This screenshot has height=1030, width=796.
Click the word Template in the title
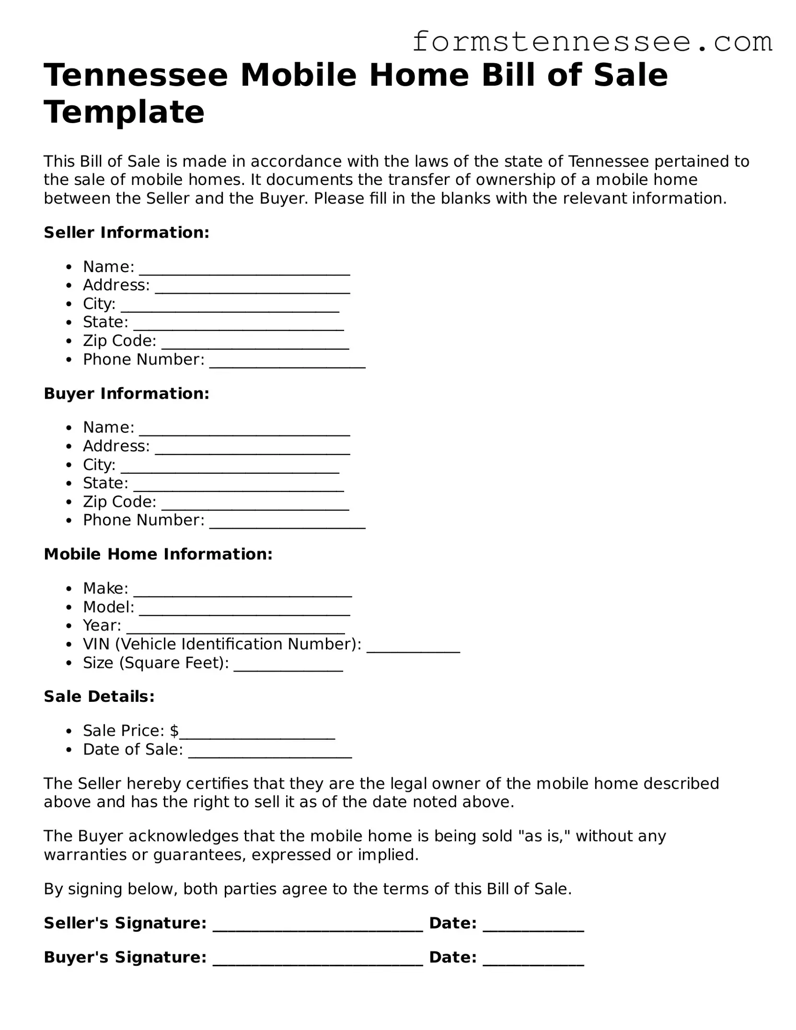click(124, 112)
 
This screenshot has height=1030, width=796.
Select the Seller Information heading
click(127, 233)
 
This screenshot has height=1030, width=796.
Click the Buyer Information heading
click(127, 394)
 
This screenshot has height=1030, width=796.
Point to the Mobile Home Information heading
click(158, 554)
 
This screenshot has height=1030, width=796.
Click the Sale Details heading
click(99, 697)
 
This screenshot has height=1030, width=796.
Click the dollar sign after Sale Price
click(174, 731)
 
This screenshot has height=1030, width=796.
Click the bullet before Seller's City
click(70, 304)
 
